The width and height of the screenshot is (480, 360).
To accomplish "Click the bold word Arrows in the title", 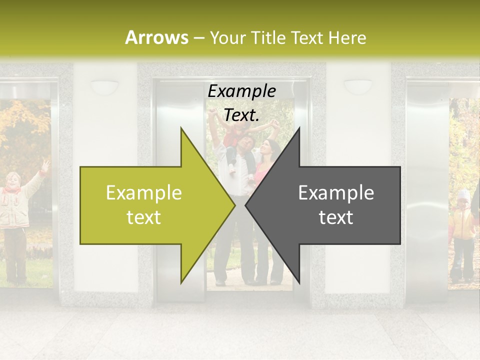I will coord(156,37).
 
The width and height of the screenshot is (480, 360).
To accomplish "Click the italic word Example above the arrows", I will coord(242,91).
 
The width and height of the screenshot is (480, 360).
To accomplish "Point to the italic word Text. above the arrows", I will coord(242,115).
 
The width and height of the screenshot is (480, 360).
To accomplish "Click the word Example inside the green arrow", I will coord(144,193).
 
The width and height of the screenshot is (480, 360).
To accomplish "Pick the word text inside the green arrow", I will coord(144,217).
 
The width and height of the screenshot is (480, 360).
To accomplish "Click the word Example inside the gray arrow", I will coord(336,193).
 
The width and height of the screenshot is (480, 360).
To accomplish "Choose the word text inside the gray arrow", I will coord(336,217).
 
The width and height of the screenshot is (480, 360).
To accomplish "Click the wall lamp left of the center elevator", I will coord(104,86).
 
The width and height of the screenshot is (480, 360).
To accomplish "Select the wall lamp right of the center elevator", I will coord(358,86).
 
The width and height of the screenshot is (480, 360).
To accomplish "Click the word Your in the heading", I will coord(228,37).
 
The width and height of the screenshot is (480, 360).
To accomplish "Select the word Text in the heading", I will coord(306,37).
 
